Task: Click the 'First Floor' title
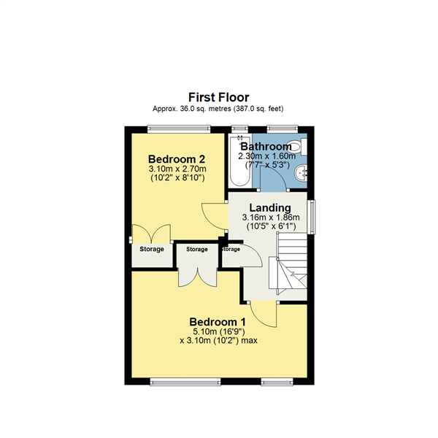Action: pyautogui.click(x=218, y=97)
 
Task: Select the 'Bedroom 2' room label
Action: pyautogui.click(x=175, y=159)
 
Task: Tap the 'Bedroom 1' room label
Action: pyautogui.click(x=218, y=322)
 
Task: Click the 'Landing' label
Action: pyautogui.click(x=270, y=207)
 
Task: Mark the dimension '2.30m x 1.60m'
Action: pyautogui.click(x=266, y=155)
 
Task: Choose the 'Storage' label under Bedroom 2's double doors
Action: pyautogui.click(x=152, y=250)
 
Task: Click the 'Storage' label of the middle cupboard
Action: pyautogui.click(x=197, y=250)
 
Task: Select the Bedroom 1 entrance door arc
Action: pyautogui.click(x=272, y=315)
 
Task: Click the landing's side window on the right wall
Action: pyautogui.click(x=313, y=217)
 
